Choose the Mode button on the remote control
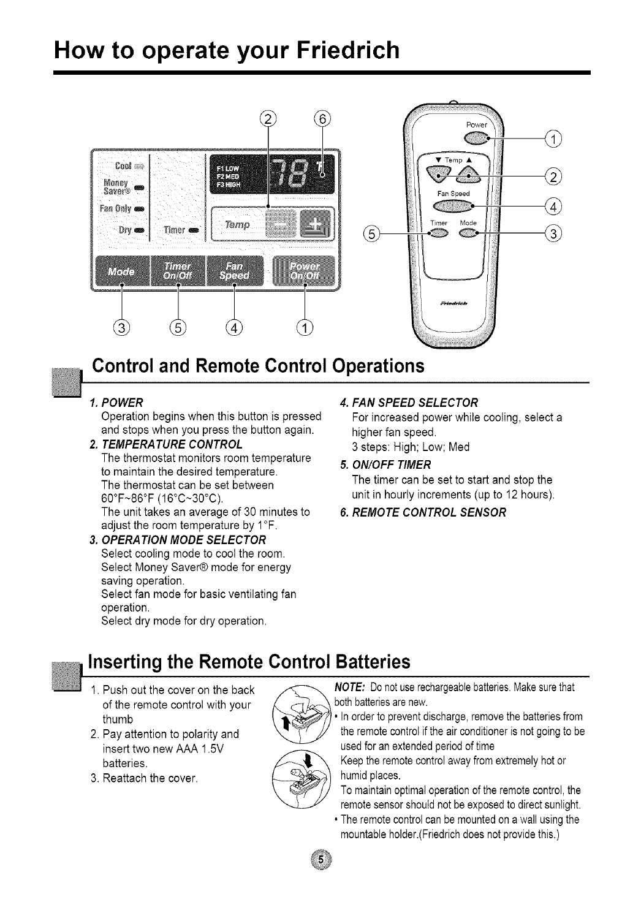(x=470, y=233)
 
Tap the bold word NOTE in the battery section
(x=352, y=688)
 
